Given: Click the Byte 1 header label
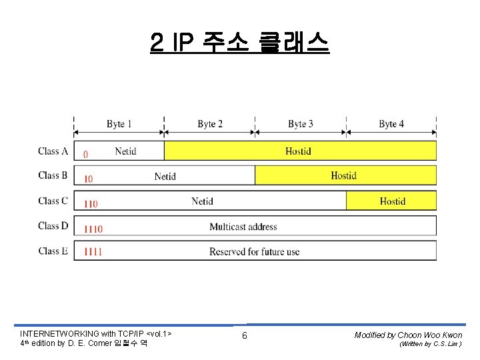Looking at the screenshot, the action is (119, 124).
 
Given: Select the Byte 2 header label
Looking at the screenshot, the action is (210, 124).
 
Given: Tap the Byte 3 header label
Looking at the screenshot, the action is (301, 124).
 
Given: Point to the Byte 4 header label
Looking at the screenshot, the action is (391, 124).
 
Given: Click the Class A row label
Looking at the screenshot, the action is (53, 151).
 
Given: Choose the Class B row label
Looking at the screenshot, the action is (53, 176).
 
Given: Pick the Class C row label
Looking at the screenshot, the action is (53, 201).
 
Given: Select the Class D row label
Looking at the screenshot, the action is (53, 226).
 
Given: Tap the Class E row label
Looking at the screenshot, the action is (53, 251).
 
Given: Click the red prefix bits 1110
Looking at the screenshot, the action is (93, 229).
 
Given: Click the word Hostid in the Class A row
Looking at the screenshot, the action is (298, 151).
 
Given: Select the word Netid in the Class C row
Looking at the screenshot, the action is (202, 201).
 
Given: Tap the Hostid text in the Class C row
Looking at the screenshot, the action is (393, 201).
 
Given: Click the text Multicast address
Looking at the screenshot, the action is (243, 227).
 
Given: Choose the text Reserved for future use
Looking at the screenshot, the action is (254, 252).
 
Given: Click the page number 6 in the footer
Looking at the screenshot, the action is (244, 335).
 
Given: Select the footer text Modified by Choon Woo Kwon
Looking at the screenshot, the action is (408, 335).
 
